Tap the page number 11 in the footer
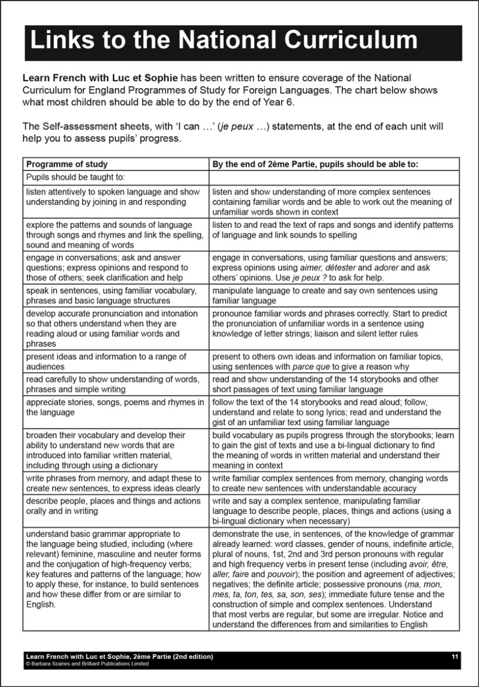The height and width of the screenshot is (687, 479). click(455, 657)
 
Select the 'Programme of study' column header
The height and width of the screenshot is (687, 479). click(67, 164)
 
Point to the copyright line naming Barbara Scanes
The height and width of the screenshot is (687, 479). click(87, 664)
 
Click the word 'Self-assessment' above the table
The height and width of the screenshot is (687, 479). click(70, 126)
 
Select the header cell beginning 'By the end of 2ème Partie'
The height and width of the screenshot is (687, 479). click(315, 164)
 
